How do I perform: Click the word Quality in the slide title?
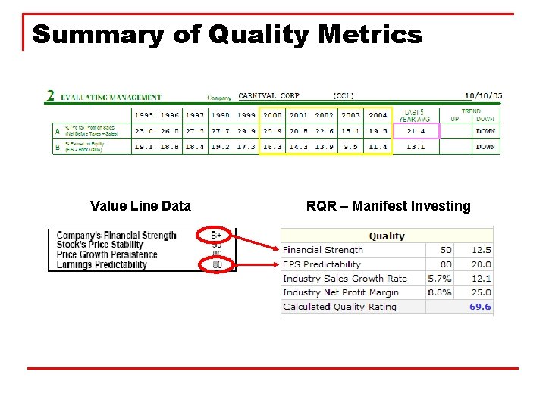259,35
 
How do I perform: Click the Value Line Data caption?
140,206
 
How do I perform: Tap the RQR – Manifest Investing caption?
388,206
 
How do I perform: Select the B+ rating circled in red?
216,236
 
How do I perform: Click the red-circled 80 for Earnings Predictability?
217,265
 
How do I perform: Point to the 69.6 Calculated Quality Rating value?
480,307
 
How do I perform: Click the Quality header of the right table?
387,236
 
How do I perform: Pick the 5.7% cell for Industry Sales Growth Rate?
440,279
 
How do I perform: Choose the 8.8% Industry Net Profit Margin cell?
440,292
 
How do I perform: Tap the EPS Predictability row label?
322,264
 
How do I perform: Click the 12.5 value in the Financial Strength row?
481,250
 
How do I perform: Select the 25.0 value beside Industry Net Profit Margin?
481,292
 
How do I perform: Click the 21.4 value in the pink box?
416,131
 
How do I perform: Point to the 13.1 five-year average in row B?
416,147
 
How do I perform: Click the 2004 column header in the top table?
377,116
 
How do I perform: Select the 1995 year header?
143,116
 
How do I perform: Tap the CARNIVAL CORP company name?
268,96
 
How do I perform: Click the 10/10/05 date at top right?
484,96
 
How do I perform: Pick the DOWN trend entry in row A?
485,131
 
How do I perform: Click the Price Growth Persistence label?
107,255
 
